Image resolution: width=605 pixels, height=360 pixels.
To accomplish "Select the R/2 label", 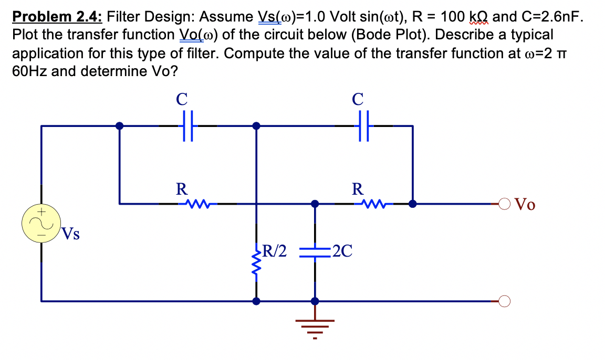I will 275,250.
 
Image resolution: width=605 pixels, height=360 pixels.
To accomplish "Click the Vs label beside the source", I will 71,234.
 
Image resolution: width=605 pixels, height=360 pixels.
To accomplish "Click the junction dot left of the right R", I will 315,203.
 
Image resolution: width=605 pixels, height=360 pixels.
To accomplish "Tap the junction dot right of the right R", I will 413,203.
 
